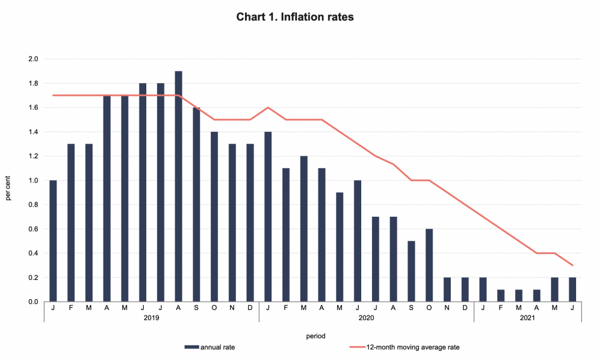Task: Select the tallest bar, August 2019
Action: point(178,187)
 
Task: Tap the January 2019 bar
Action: point(53,241)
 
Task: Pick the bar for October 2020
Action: point(429,265)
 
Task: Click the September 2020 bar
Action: point(411,272)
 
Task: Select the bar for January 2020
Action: point(268,217)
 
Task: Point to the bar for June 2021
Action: point(573,290)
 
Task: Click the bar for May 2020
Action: point(340,247)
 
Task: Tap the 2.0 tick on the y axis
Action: point(33,59)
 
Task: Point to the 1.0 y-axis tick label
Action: point(33,181)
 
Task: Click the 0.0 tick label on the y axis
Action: point(33,302)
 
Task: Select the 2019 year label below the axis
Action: point(151,317)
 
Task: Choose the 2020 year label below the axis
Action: point(366,317)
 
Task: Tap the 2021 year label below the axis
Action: point(527,317)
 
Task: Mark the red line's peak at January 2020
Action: point(268,108)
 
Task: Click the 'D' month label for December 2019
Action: point(250,307)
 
